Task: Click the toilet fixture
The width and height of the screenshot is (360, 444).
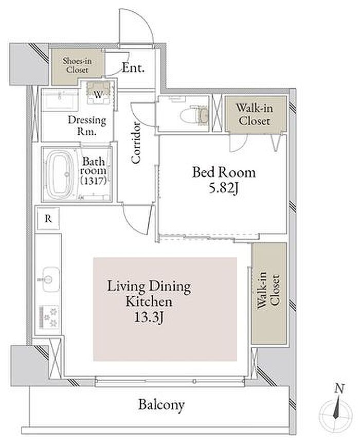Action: (195, 115)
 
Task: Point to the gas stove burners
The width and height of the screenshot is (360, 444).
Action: (49, 317)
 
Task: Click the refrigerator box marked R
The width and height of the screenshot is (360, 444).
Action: (48, 219)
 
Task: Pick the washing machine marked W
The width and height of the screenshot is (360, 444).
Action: (98, 93)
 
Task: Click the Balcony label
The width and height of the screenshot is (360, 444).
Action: (161, 405)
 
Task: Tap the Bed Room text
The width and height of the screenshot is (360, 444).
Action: (224, 172)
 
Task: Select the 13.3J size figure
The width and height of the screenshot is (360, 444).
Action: (149, 317)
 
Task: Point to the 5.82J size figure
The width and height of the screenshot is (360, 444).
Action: (223, 188)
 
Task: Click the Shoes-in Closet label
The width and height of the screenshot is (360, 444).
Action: (77, 65)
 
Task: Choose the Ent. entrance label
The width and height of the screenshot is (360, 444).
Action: (133, 68)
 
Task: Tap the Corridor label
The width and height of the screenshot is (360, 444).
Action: (136, 143)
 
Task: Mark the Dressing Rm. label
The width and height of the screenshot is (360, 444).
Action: (87, 125)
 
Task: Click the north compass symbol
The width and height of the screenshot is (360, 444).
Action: (336, 414)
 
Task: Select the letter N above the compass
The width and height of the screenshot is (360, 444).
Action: (339, 388)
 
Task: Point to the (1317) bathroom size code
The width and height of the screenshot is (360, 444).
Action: (94, 181)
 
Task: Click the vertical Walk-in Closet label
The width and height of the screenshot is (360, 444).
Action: (268, 290)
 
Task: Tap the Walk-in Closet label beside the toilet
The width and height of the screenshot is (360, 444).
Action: (255, 114)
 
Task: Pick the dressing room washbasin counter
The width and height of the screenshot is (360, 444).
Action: (60, 100)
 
